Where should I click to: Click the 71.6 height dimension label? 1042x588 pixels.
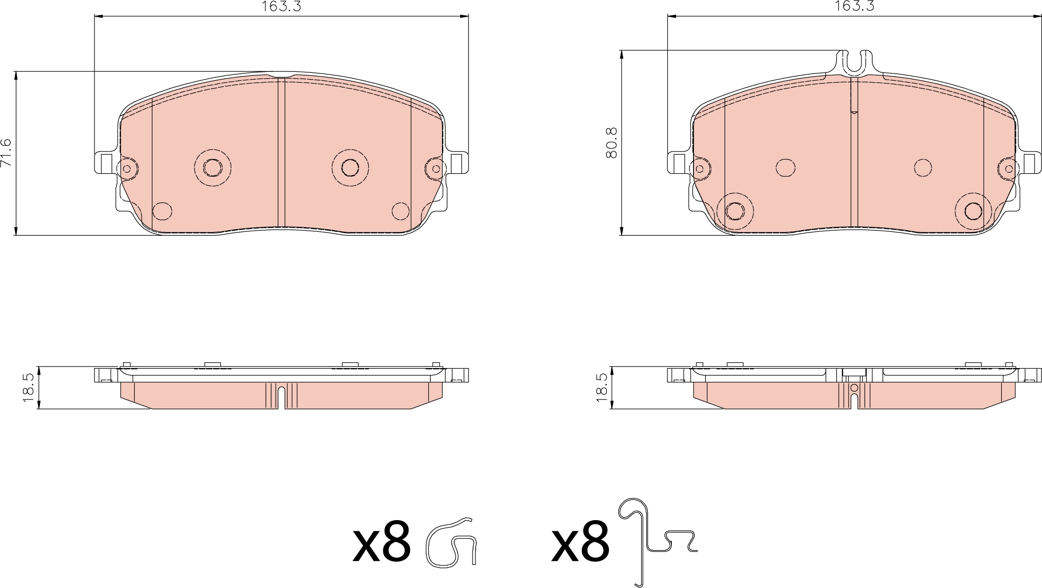pos(6,153)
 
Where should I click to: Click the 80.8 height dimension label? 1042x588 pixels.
pos(612,143)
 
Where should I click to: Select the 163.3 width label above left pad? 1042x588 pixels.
pos(281,6)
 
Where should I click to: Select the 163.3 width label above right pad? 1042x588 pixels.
pos(854,6)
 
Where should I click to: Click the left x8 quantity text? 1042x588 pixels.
pos(381,546)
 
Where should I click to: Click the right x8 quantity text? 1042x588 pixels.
pos(580,546)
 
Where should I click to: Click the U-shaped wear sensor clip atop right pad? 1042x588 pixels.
pos(854,63)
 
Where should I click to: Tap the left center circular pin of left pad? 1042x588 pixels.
pos(213,168)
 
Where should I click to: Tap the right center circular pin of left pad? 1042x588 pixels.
pos(350,168)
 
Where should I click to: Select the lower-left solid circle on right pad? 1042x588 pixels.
pos(735,211)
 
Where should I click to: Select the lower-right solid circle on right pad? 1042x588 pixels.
pos(973,211)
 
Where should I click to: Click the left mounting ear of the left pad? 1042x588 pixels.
pos(105,162)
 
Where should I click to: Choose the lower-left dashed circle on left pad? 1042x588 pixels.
pos(162,211)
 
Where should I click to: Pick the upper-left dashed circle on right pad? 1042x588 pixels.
pos(786,168)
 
